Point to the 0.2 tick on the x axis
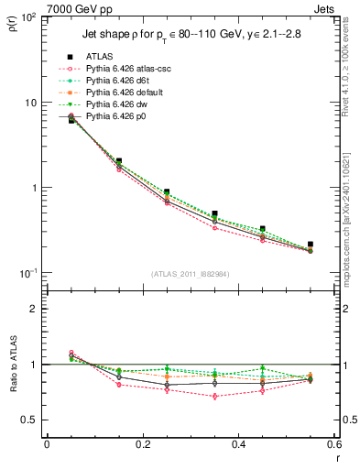[142, 443]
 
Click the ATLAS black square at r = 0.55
[311, 245]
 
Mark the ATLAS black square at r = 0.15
[119, 160]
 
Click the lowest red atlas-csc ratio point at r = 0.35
[214, 396]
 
